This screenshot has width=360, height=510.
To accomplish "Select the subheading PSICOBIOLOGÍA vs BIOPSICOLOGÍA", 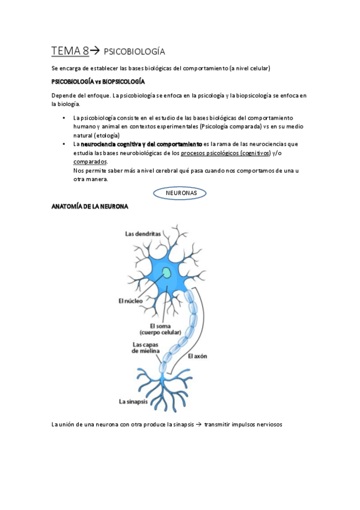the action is [99, 81].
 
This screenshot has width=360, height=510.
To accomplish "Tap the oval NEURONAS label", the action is [180, 192].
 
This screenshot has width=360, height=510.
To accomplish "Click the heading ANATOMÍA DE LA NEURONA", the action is [90, 206].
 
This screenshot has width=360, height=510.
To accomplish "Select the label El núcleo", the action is [130, 300].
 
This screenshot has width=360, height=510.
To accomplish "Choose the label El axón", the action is [198, 356].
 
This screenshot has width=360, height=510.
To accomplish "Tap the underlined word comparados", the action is [90, 162].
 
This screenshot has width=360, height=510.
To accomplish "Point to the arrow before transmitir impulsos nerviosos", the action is [198, 425].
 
